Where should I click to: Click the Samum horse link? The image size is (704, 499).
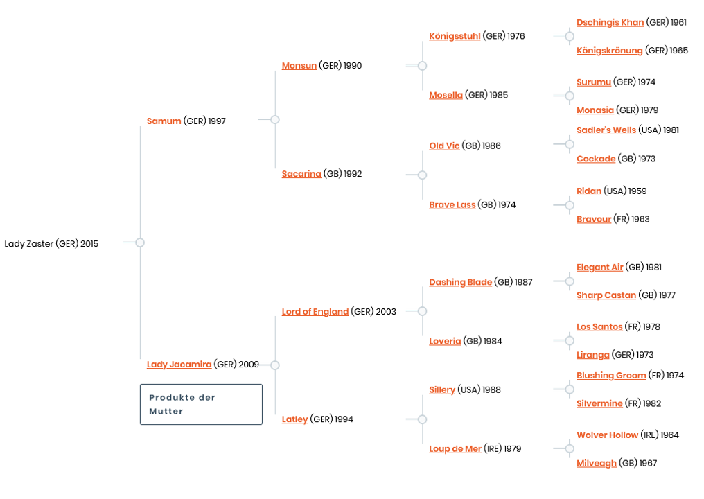[x=164, y=121]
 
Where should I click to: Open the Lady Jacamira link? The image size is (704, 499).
[x=179, y=365]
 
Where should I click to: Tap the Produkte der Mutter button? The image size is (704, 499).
[x=201, y=404]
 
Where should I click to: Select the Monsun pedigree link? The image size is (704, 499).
[x=299, y=66]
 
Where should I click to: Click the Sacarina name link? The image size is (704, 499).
[x=301, y=174]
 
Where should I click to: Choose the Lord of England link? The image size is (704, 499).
[x=315, y=312]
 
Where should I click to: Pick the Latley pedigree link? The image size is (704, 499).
[x=294, y=419]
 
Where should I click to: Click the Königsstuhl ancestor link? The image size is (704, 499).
[x=455, y=36]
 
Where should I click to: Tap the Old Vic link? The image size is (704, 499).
[x=444, y=146]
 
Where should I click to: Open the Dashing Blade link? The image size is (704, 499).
[x=460, y=283]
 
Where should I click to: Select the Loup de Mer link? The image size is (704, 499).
[x=455, y=449]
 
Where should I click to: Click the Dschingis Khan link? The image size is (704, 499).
[x=610, y=23]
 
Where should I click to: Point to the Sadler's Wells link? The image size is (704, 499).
[x=606, y=130]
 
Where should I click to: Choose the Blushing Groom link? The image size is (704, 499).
[x=610, y=376]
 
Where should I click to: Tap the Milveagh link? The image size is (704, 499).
[x=596, y=464]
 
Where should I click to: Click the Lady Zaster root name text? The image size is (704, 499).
[x=51, y=244]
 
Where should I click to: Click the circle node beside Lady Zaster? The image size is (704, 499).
[x=140, y=243]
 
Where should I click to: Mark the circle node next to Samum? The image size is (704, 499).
[x=275, y=120]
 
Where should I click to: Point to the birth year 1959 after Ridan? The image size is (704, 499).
[x=637, y=191]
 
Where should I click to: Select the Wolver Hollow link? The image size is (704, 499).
[x=607, y=435]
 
